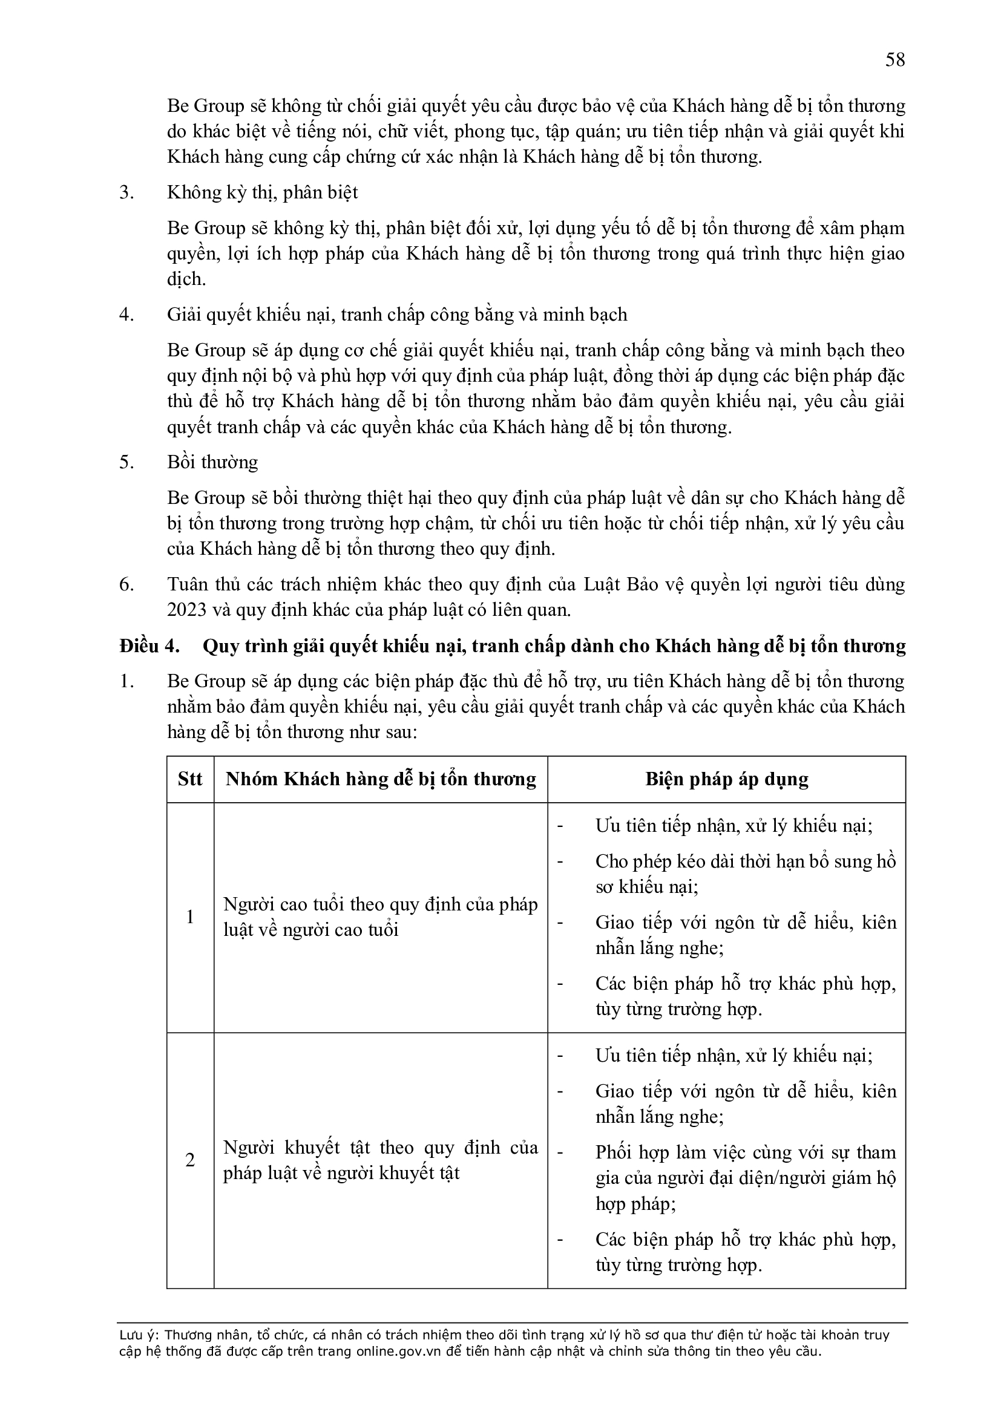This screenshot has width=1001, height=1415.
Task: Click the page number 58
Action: pos(895,60)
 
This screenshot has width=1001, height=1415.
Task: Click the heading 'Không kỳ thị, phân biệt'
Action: pos(262,193)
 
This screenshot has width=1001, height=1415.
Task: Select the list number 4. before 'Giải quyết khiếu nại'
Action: pos(126,315)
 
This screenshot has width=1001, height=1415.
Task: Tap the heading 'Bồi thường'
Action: pos(212,462)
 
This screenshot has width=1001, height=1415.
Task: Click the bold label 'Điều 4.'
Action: pos(149,646)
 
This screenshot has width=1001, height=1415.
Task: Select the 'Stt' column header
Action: pos(190,779)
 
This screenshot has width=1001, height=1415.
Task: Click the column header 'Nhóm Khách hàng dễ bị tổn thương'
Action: pos(380,779)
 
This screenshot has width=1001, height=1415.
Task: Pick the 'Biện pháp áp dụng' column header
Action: pos(726,779)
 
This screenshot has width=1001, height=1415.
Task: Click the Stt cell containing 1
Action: pos(190,917)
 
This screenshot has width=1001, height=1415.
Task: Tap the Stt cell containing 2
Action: pos(190,1160)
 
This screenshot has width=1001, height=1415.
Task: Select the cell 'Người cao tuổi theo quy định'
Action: pos(380,917)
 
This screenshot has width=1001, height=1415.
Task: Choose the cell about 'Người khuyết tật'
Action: pos(380,1160)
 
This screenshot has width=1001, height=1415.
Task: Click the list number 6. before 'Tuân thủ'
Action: pos(126,584)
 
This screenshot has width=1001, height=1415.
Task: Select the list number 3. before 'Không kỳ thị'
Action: pos(126,193)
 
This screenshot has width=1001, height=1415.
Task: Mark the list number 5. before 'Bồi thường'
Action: pos(126,462)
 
